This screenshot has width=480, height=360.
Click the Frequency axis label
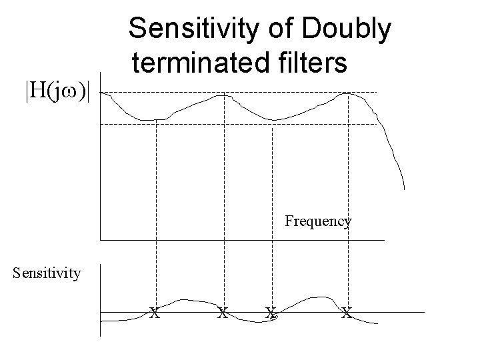click(318, 221)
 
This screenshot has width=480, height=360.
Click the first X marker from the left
click(154, 311)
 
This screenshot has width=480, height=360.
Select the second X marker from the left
click(223, 311)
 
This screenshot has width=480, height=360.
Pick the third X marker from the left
click(271, 311)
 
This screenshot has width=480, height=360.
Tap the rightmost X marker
click(346, 311)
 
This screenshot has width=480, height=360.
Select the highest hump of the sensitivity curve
click(323, 297)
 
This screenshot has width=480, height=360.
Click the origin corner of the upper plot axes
click(100, 239)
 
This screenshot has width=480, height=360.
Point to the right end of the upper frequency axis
click(385, 239)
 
